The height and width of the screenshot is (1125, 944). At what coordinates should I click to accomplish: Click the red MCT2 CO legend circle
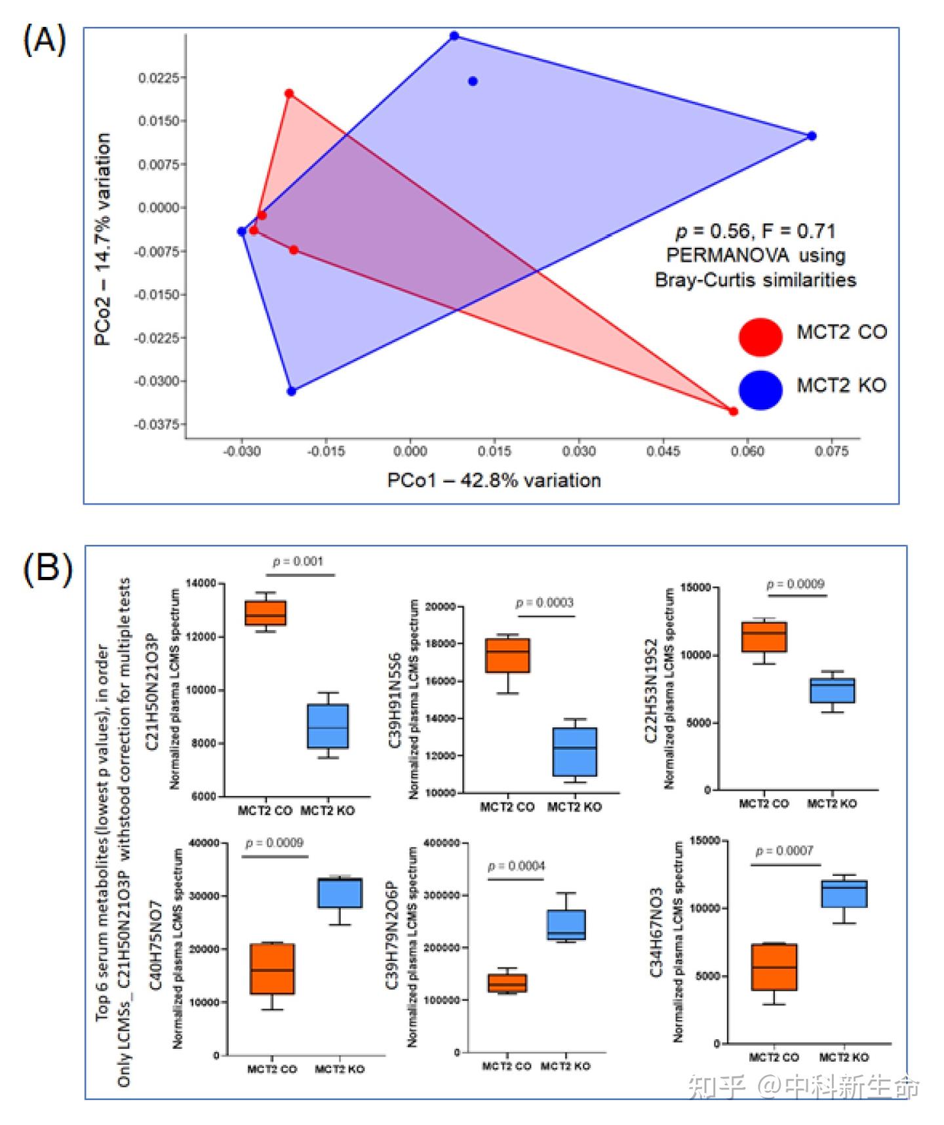[760, 337]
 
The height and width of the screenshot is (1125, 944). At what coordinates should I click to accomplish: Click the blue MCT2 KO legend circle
[760, 389]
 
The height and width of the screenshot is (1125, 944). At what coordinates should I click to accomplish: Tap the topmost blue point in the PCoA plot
[454, 36]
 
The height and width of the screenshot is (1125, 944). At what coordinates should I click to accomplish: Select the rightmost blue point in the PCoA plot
[812, 136]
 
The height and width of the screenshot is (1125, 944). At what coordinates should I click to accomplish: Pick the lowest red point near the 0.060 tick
[734, 411]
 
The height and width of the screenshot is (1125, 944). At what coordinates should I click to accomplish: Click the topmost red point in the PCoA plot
[289, 94]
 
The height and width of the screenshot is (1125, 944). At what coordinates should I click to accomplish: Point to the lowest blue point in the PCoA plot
[292, 391]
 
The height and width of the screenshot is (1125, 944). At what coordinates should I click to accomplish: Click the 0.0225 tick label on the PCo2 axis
[158, 78]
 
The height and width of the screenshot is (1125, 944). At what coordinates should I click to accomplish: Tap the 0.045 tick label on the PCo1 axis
[663, 451]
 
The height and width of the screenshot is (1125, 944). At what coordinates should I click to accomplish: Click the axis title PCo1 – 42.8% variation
[494, 481]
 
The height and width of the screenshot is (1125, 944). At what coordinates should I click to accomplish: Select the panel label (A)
[45, 41]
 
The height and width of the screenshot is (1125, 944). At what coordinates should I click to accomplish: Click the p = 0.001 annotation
[298, 561]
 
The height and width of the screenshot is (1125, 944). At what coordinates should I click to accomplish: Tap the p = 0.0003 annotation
[545, 602]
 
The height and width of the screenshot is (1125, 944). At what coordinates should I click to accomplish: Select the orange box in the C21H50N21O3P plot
[265, 613]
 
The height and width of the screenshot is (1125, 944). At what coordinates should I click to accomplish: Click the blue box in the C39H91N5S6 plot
[575, 751]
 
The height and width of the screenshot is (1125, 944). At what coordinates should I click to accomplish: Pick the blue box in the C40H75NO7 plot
[340, 892]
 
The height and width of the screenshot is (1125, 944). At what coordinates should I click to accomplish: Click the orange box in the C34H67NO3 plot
[774, 967]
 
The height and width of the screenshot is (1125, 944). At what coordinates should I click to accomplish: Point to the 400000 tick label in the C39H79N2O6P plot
[442, 843]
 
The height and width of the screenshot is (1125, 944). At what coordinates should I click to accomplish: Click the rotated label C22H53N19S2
[651, 690]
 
